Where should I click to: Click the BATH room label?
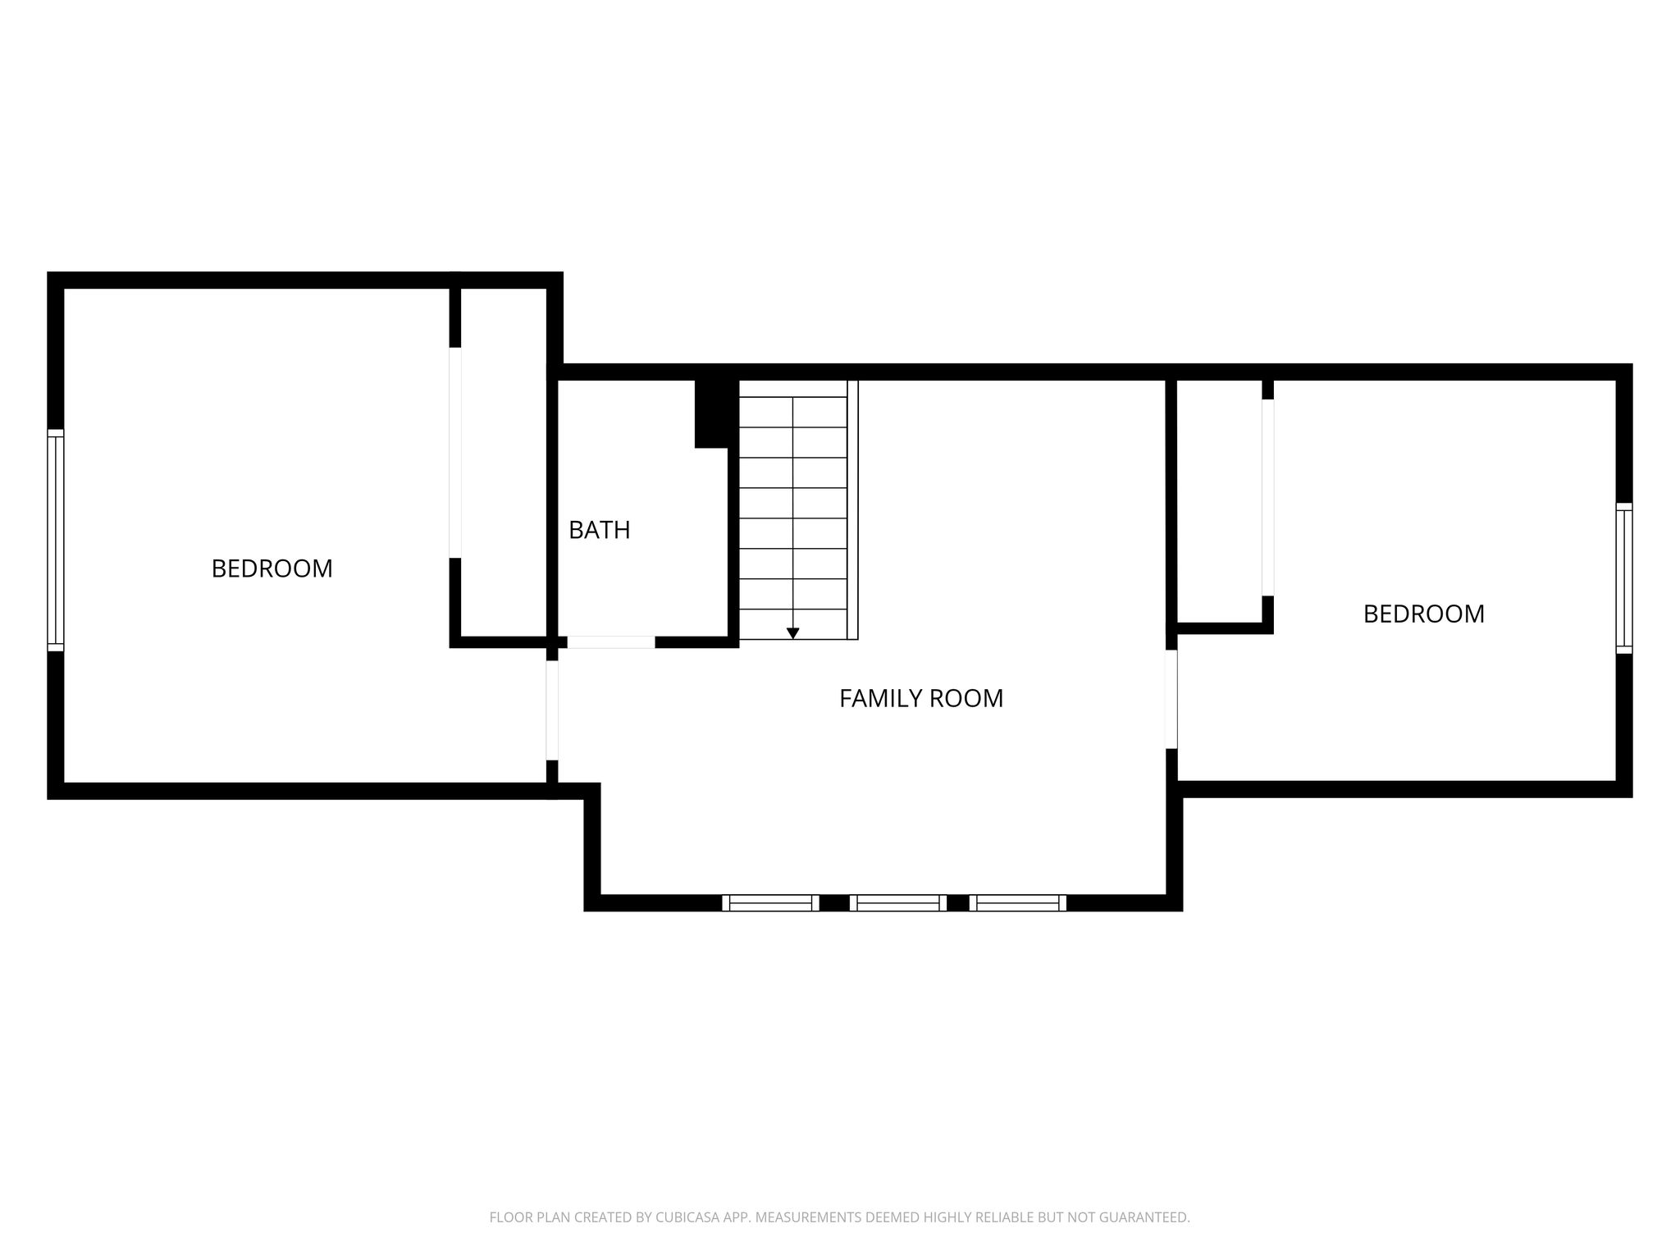click(x=600, y=530)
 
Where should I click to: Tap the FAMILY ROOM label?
click(x=921, y=698)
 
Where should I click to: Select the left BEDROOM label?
click(x=272, y=568)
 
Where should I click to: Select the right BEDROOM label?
click(x=1424, y=614)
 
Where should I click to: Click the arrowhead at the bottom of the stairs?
click(x=792, y=633)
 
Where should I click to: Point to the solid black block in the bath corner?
click(x=711, y=414)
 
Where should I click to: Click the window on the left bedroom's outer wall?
click(x=55, y=541)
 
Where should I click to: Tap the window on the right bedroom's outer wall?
click(x=1624, y=578)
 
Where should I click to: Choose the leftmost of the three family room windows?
click(x=770, y=903)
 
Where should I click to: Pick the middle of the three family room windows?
click(x=898, y=903)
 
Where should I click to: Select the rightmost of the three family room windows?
click(x=1018, y=903)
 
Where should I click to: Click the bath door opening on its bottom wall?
click(x=611, y=642)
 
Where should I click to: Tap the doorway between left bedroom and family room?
click(x=552, y=710)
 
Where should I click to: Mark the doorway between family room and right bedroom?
click(x=1171, y=700)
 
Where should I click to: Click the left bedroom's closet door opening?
click(x=455, y=453)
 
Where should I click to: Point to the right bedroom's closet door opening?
click(x=1267, y=498)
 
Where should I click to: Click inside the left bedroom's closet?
click(x=504, y=462)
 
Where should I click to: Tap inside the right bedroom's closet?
click(x=1220, y=500)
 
